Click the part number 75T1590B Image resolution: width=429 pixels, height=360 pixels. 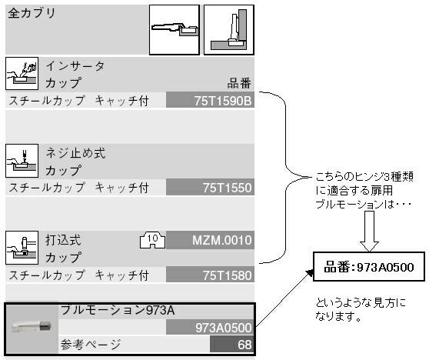point(223,101)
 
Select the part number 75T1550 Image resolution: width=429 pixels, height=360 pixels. point(227,188)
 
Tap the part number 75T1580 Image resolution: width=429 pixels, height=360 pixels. point(227,275)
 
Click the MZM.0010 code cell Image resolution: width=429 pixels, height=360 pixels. point(210,240)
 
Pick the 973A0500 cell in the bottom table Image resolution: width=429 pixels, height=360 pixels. point(210,328)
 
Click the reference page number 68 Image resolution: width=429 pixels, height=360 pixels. point(244,345)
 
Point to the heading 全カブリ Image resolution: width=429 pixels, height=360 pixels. point(32,13)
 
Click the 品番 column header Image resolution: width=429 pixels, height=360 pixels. point(239,83)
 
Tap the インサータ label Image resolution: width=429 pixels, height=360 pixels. point(75,66)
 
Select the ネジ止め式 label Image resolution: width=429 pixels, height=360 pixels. point(75,153)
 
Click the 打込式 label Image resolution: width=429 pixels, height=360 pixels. point(63,240)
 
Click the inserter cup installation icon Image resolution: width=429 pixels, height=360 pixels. point(22,73)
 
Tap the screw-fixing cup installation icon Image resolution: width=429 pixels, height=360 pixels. point(22,161)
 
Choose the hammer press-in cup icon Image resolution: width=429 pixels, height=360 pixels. point(22,248)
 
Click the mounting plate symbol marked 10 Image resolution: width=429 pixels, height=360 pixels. point(152,240)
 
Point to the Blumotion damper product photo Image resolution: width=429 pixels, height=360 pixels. point(32,326)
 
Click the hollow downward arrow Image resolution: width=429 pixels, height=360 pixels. point(369,232)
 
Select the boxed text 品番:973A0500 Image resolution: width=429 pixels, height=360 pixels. point(369,267)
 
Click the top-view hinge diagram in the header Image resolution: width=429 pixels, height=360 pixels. point(175,30)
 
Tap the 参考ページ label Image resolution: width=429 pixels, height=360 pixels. point(91,345)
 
